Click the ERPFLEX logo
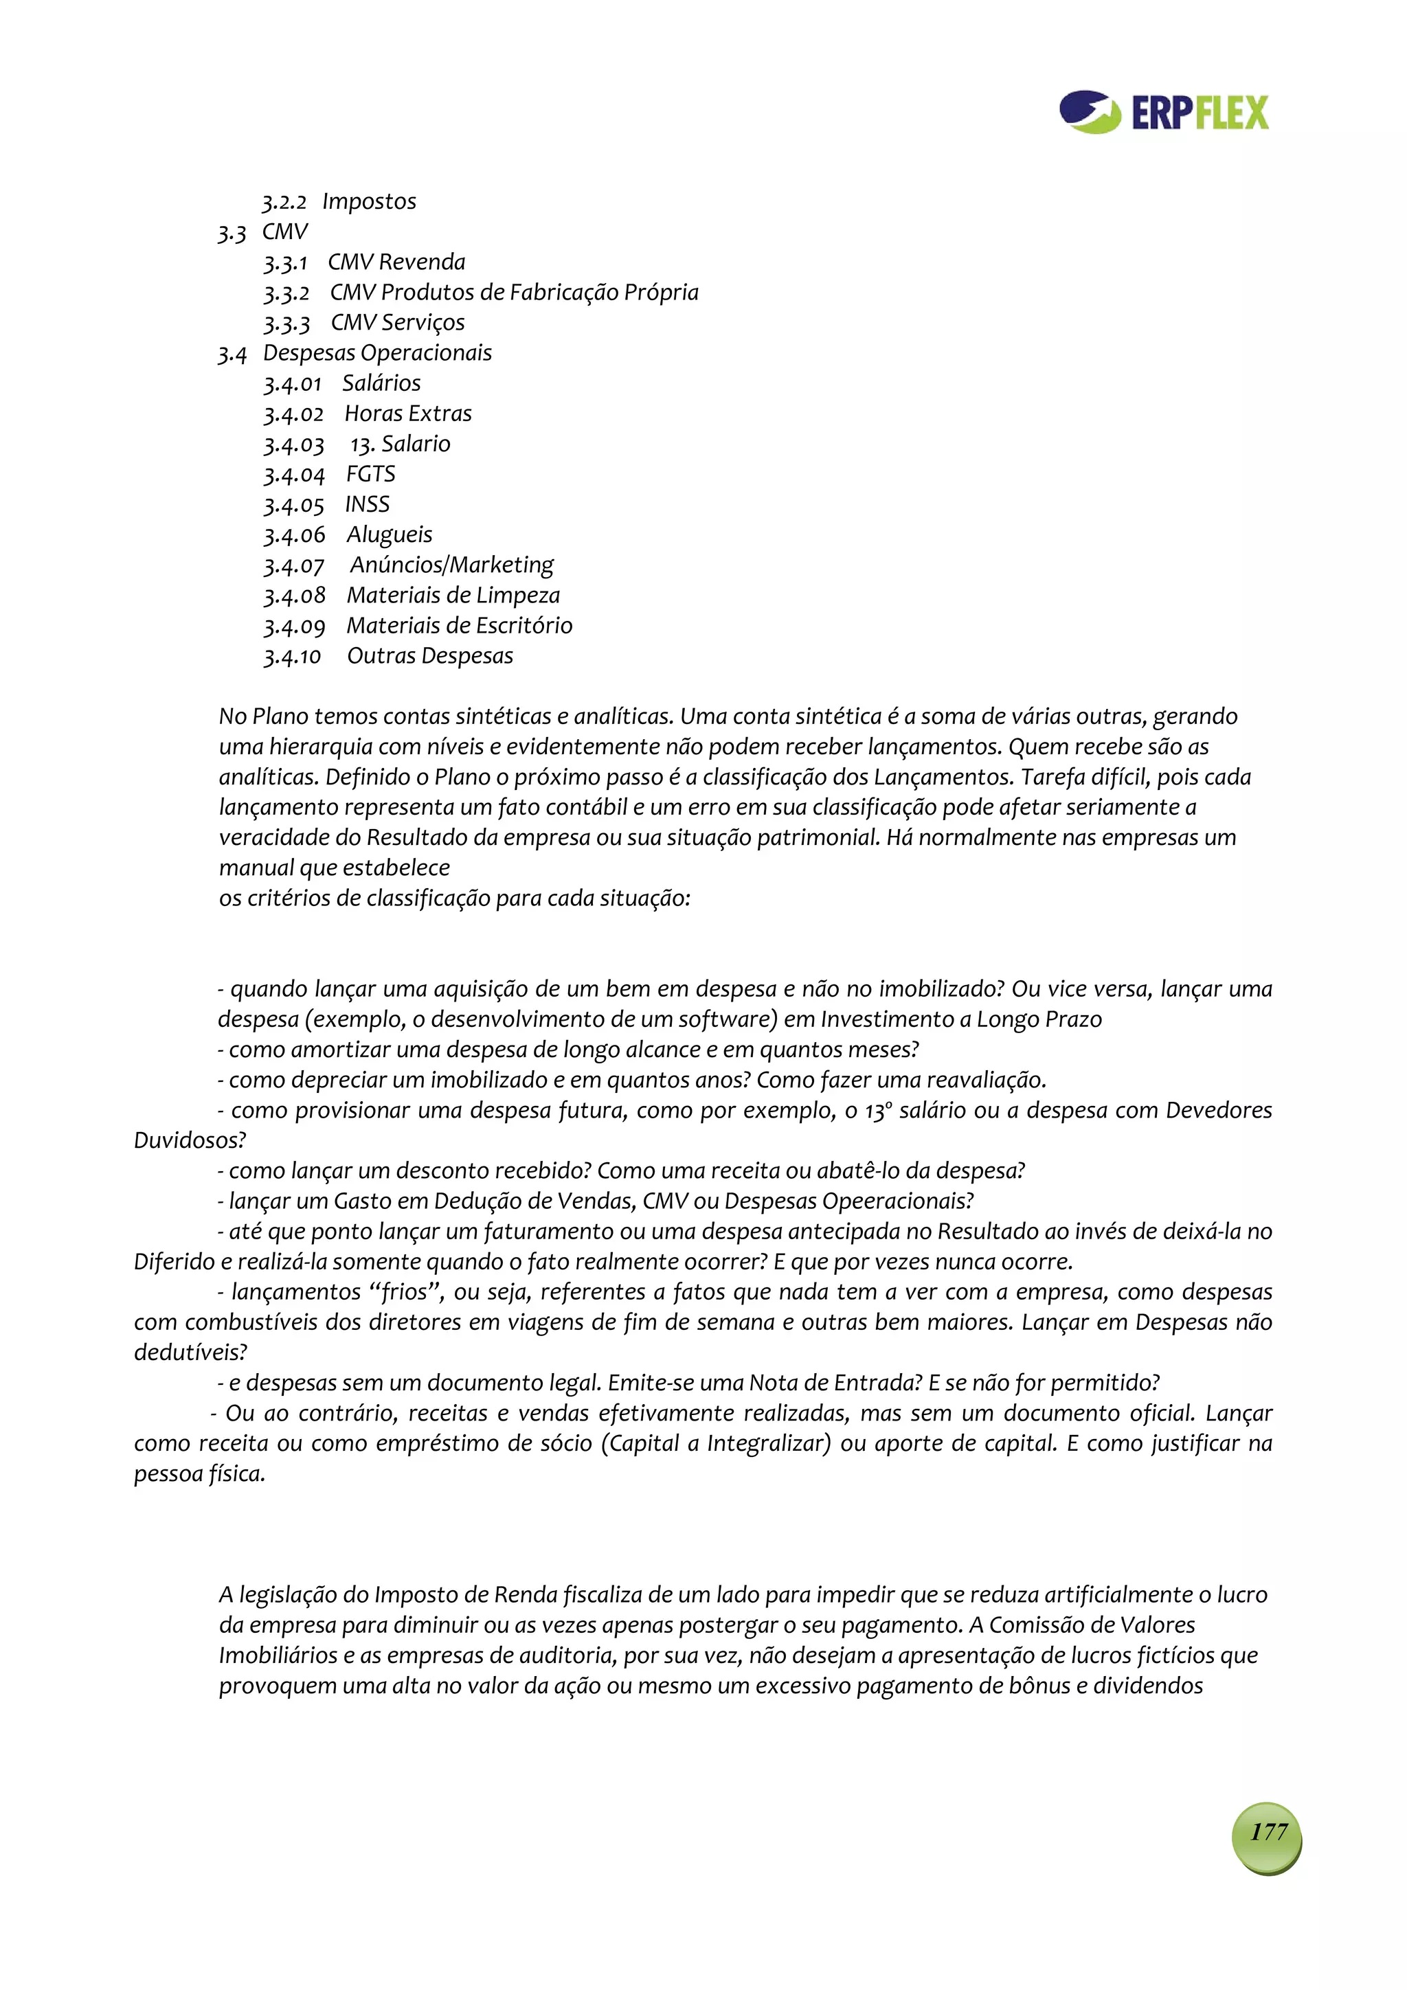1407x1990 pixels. click(x=1163, y=113)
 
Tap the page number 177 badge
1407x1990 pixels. click(x=1267, y=1831)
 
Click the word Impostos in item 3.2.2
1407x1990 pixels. click(x=370, y=201)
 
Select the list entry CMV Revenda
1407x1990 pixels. click(x=396, y=262)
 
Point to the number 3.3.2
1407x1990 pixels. click(x=286, y=293)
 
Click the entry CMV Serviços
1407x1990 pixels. click(x=398, y=322)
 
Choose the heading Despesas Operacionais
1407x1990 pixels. click(x=377, y=353)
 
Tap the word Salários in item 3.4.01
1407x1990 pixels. click(x=381, y=383)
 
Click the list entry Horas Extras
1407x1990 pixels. click(x=408, y=414)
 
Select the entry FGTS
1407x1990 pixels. click(x=371, y=474)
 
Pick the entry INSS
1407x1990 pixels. click(x=368, y=504)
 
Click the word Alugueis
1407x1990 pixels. click(x=390, y=535)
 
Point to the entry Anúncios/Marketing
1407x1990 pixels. click(x=451, y=565)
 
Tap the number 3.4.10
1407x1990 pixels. click(x=292, y=657)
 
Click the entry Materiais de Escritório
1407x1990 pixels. click(x=460, y=626)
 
